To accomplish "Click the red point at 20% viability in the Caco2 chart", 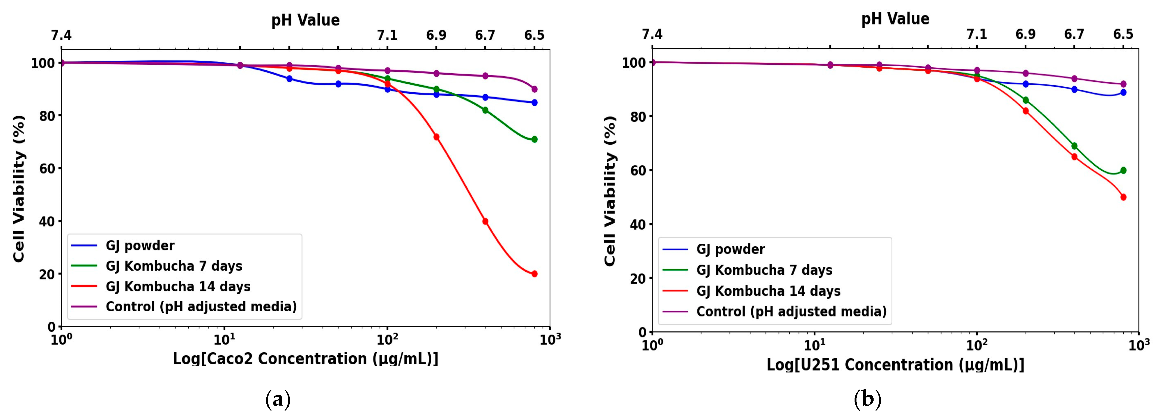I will [534, 274].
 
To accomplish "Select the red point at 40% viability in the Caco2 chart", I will [485, 221].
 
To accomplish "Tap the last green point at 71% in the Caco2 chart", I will [534, 140].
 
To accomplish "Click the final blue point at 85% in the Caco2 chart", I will [534, 103].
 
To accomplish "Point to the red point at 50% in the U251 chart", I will [1123, 197].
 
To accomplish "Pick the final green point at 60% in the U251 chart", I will [1123, 171].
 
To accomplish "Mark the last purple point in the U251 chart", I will [1123, 84].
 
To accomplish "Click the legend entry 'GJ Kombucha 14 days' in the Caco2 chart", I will [178, 286].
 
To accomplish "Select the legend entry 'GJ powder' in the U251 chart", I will [730, 249].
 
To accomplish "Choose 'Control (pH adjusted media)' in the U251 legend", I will [791, 311].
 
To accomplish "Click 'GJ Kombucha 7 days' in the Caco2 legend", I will [174, 266].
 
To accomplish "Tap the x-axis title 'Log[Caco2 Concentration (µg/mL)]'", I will [305, 359].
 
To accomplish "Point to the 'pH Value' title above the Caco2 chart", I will [305, 20].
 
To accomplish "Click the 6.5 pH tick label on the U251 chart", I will [1123, 35].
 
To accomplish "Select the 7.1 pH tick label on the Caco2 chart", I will [387, 35].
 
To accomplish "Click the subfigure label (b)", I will [867, 399].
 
